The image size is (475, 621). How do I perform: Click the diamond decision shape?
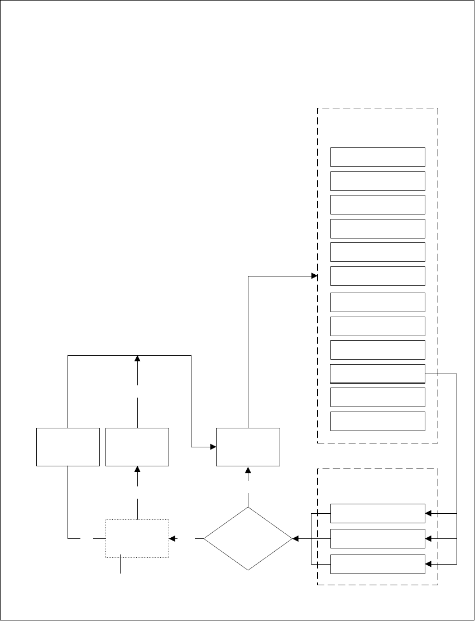[248, 539]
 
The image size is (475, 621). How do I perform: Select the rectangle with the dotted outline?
[137, 538]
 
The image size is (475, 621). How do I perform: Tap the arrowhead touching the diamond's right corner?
[296, 539]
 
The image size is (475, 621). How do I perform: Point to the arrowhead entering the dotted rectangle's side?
[172, 539]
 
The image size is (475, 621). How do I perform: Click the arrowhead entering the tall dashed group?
[314, 275]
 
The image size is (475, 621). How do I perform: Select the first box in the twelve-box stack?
[377, 157]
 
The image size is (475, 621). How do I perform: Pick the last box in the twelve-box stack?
[377, 421]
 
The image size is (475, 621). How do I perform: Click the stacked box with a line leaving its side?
[377, 373]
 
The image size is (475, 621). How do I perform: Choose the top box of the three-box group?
[377, 513]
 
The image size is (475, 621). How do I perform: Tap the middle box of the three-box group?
[377, 539]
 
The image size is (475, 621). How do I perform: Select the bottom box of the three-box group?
[377, 564]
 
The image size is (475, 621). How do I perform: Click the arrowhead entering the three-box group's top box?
[428, 513]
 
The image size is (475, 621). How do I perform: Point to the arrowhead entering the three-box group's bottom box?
[428, 564]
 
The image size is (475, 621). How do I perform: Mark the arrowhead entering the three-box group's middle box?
[428, 539]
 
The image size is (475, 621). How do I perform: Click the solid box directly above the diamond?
[248, 447]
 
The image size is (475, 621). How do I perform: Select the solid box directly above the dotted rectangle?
[137, 447]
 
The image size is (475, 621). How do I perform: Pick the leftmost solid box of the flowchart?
[68, 447]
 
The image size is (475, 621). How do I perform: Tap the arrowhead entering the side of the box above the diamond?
[213, 447]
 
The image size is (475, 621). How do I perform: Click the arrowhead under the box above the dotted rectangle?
[137, 470]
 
